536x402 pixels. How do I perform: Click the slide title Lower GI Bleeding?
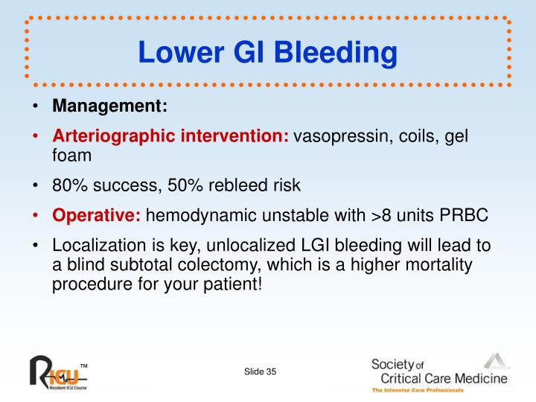267,51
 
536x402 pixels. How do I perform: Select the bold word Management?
110,106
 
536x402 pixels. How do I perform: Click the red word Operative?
97,216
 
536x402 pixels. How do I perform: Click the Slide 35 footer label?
260,371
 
